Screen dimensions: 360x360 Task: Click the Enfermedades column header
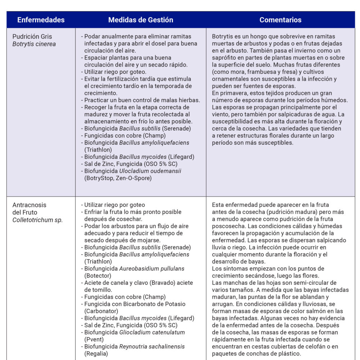point(41,20)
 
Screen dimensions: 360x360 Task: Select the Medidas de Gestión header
point(140,20)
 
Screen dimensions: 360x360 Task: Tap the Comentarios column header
point(280,20)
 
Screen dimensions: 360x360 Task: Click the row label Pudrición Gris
point(32,37)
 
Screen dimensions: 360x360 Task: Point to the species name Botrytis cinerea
point(34,44)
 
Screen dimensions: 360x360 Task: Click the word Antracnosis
point(30,205)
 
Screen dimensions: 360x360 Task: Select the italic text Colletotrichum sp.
point(37,220)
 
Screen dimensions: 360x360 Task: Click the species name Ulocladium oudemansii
point(150,171)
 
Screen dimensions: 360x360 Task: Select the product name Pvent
point(94,339)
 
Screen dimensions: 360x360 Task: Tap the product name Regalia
point(96,354)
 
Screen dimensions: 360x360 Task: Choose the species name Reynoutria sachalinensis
point(152,346)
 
